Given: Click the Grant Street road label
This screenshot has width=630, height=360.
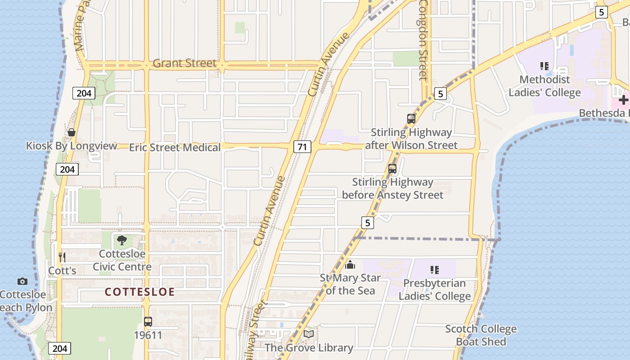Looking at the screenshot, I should click(184, 63).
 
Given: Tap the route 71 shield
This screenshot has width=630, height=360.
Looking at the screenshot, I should click(303, 146).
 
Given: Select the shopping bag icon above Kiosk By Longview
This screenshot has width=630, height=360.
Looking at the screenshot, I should click(71, 132).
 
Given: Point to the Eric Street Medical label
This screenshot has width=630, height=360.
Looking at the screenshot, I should click(175, 148).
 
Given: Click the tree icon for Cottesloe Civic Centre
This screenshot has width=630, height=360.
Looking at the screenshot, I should click(122, 240).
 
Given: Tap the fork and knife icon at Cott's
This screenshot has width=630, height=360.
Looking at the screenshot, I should click(62, 257).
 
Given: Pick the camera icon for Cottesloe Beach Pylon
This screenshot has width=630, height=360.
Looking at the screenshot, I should click(22, 282).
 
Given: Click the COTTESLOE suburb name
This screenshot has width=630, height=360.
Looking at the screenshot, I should click(139, 292).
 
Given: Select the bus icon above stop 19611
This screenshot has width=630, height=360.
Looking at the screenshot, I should click(148, 322).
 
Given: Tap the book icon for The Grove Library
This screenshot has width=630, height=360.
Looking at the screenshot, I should click(309, 334).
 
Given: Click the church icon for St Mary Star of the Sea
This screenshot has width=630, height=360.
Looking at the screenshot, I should click(350, 265).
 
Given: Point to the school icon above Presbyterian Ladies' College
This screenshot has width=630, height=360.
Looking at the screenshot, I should click(434, 270).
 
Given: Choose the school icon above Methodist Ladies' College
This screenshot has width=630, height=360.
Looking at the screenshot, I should click(544, 66).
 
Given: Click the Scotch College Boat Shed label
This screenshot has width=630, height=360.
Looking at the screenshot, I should click(481, 335).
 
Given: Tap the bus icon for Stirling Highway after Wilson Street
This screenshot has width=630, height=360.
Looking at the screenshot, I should click(411, 119).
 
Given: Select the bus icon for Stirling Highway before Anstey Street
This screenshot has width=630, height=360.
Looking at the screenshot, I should click(392, 169).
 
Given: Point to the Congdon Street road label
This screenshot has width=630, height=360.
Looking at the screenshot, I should click(423, 40).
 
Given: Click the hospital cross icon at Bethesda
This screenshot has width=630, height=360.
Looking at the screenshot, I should click(623, 100).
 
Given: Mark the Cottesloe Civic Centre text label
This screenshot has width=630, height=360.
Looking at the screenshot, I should click(122, 261).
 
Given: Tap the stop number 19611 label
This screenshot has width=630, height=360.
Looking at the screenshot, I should click(148, 335).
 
